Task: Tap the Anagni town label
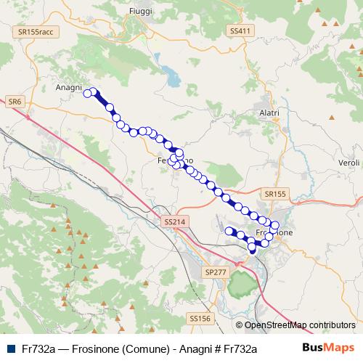[70, 86]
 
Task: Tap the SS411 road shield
[240, 30]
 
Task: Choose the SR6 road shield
[15, 102]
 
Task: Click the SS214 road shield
[176, 221]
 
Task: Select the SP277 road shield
[216, 270]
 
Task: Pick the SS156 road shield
[199, 318]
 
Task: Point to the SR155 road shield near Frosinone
[276, 194]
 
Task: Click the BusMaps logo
[333, 348]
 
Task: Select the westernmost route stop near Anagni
[87, 93]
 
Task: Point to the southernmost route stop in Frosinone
[252, 248]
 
